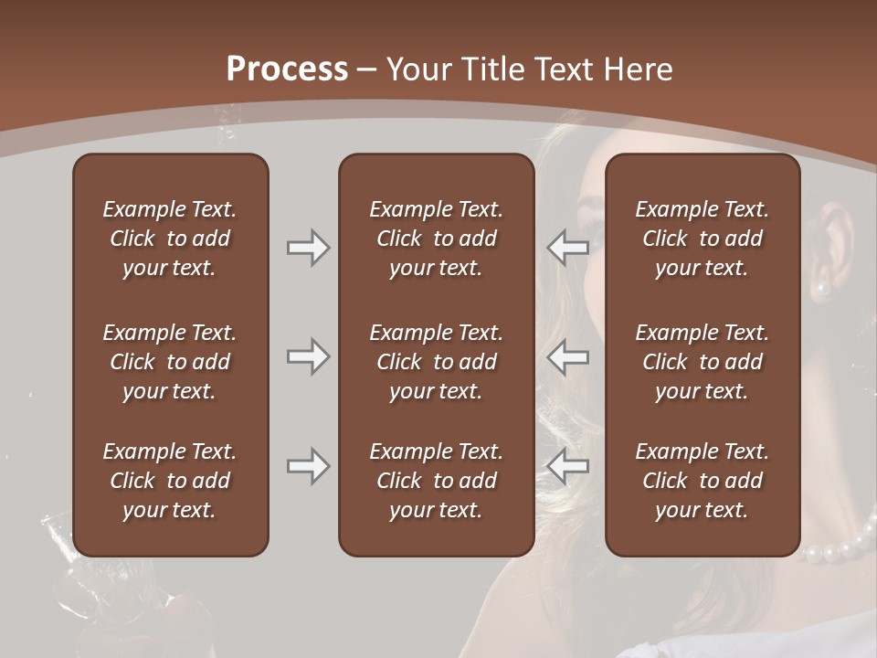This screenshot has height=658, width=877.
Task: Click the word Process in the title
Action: tap(287, 69)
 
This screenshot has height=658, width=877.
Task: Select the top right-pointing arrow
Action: tap(308, 248)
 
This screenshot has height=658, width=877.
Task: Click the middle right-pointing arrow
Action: tap(308, 356)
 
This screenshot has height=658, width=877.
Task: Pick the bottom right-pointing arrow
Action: tap(308, 466)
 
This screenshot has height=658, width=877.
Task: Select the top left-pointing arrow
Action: tap(568, 248)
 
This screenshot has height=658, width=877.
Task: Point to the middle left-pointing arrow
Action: tap(568, 356)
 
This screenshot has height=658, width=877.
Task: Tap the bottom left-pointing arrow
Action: tap(568, 466)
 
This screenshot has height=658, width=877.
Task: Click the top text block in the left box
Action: tap(170, 239)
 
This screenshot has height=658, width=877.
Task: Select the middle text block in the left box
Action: tap(170, 362)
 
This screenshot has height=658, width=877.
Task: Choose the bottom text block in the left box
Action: tap(170, 481)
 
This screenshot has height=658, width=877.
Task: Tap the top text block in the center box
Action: tap(436, 239)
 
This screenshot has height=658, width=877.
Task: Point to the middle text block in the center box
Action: tap(436, 362)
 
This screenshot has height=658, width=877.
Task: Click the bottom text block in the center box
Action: tap(436, 481)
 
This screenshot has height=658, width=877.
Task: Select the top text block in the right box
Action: tap(702, 239)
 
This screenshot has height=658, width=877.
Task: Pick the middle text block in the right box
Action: tap(702, 362)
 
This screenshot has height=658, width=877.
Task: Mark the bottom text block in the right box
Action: tap(702, 481)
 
